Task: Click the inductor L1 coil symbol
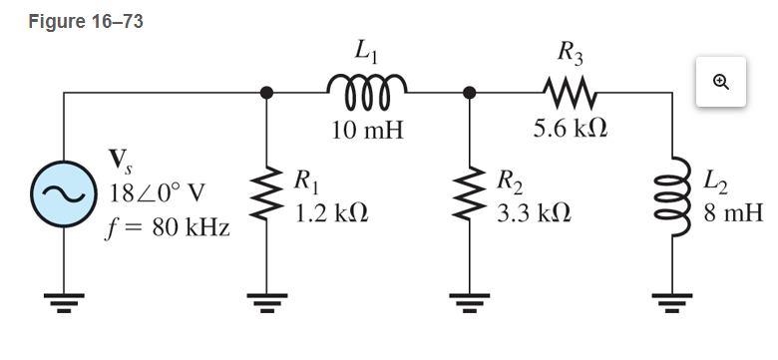365,92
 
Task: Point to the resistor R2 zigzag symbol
468,194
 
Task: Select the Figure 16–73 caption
85,22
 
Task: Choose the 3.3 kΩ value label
534,213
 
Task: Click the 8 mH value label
732,213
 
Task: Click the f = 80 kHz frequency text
167,227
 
